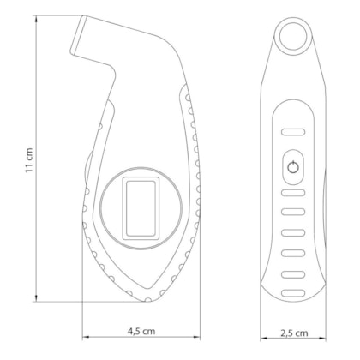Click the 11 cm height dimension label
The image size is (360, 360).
(x=29, y=160)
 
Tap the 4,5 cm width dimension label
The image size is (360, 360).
(x=141, y=331)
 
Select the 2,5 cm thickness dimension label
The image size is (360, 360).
(x=294, y=333)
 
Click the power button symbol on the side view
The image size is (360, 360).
(x=293, y=167)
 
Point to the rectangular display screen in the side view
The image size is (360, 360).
(x=141, y=208)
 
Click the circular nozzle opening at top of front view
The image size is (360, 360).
(x=293, y=37)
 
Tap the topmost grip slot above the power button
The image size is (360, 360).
(x=293, y=132)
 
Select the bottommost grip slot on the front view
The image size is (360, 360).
(x=293, y=293)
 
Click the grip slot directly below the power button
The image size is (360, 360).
(x=293, y=193)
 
